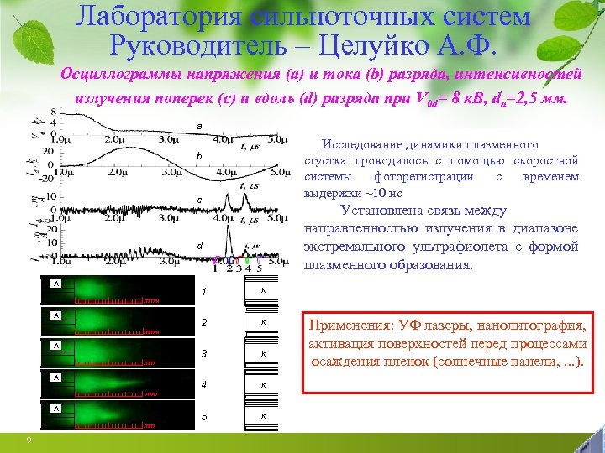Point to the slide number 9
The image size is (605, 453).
[x=29, y=440]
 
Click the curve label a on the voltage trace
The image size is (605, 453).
[x=199, y=126]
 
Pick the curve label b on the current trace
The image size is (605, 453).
[x=199, y=156]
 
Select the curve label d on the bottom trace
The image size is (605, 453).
[x=199, y=245]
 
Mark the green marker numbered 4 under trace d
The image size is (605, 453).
[x=247, y=268]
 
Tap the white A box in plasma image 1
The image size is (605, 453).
[x=55, y=284]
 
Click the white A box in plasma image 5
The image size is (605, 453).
[x=55, y=408]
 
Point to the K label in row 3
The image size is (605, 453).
[x=263, y=353]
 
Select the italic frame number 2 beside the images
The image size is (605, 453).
[x=203, y=322]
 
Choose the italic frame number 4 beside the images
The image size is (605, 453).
[x=203, y=385]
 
